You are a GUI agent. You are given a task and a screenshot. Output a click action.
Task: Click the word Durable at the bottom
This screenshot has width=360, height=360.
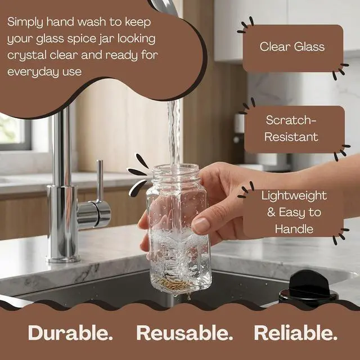[70, 332]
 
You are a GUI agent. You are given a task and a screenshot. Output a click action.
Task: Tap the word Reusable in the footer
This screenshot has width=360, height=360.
[184, 332]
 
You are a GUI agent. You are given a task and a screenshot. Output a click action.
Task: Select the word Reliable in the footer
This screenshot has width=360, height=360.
[295, 332]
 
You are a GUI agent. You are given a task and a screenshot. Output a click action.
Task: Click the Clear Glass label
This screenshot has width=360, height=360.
[292, 47]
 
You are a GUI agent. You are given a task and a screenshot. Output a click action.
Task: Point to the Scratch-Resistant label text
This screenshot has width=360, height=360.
[291, 128]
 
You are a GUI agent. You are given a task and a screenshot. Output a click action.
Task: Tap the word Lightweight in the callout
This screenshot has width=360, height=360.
[294, 196]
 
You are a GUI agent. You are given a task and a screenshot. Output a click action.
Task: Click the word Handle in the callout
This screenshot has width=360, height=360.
[294, 229]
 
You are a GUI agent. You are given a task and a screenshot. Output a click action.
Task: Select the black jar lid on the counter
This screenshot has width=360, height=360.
[308, 288]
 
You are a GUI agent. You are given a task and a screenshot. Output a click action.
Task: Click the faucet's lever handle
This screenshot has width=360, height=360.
[100, 181]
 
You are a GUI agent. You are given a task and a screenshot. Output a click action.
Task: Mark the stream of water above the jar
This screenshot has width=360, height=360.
[174, 133]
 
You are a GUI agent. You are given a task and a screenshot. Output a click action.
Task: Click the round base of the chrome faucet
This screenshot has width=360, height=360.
[63, 259]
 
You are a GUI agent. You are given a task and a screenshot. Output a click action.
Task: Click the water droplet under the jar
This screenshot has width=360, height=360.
[189, 298]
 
